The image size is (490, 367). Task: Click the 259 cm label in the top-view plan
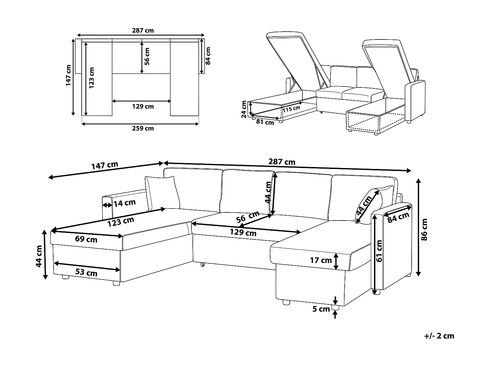coord(143,128)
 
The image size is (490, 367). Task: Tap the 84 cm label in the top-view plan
coord(208,56)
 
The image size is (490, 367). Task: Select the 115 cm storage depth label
coord(291,109)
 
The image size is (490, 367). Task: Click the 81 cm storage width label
coord(265,122)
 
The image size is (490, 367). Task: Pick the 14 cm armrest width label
coord(124,203)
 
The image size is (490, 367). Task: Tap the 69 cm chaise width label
coord(86,239)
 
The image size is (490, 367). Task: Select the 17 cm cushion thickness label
coord(321,261)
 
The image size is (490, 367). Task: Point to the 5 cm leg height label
coord(321,309)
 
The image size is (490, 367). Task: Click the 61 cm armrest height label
coord(379,251)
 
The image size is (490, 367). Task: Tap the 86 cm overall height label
coord(424,229)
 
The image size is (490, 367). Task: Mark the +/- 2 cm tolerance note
coord(439,336)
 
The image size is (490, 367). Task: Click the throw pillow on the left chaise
coord(162,192)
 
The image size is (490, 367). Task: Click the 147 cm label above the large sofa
coord(105,166)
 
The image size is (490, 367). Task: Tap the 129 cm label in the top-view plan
coord(143,106)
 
